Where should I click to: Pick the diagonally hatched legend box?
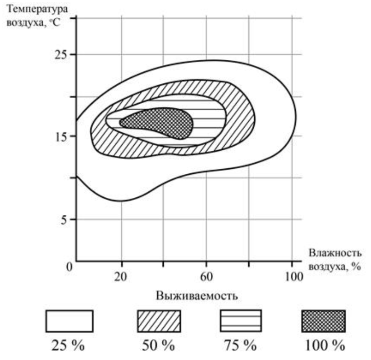[158, 321]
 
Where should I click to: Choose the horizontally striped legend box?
[240, 321]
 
